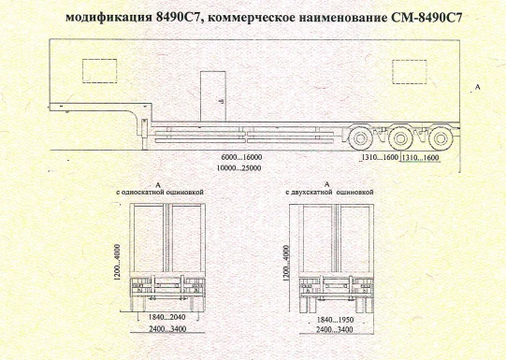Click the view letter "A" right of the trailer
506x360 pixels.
coord(478,86)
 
